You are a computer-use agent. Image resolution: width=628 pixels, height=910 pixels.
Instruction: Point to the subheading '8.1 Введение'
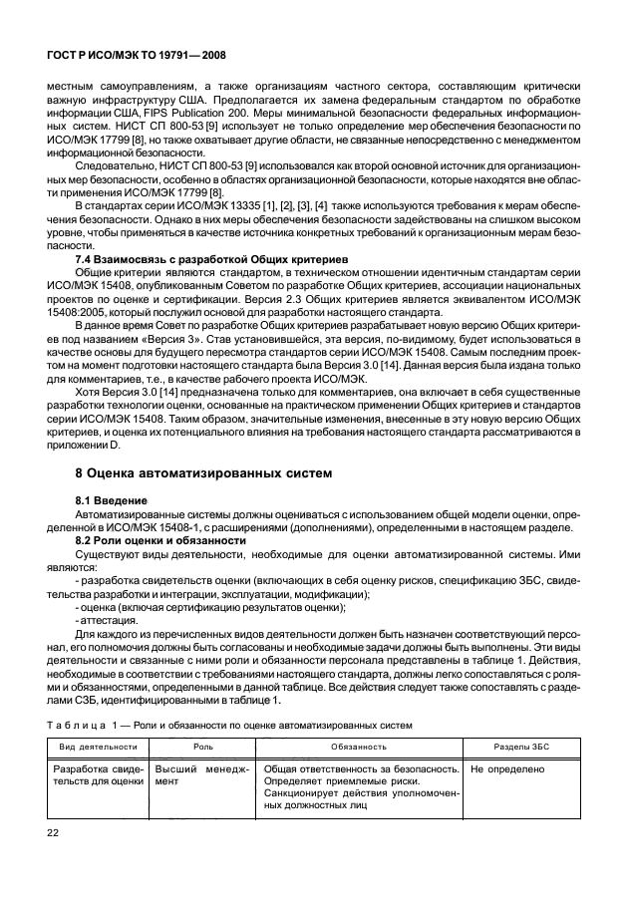point(112,499)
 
